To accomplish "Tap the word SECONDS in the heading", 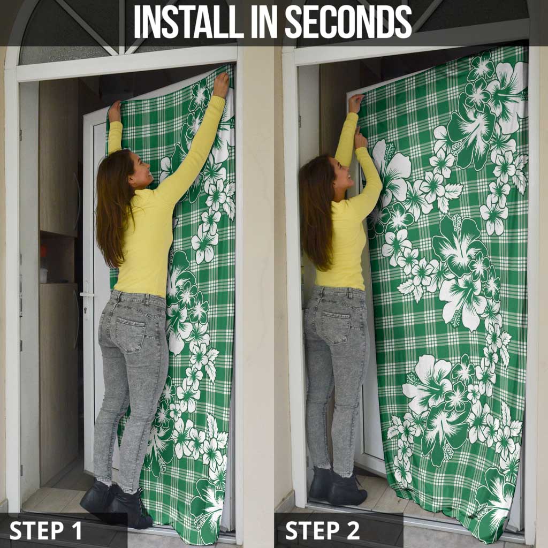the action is point(348,22).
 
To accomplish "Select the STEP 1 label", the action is point(46,530).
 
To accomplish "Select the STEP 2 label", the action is point(323,530).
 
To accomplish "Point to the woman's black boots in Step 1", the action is point(117,503).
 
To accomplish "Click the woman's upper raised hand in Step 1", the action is point(221,84).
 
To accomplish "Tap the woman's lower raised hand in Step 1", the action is point(115,111).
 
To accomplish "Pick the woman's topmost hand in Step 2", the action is point(356,103).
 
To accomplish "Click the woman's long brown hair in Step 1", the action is point(112,206).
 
